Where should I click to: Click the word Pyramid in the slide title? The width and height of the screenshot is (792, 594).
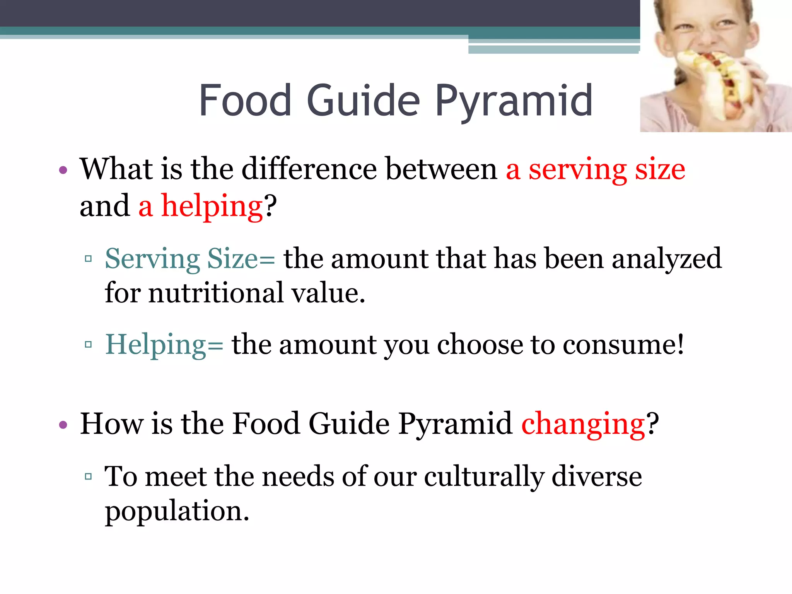514,101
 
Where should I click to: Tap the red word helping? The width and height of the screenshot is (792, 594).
212,206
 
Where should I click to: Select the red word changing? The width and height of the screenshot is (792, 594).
583,424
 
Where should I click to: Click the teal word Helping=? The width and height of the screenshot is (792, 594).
164,344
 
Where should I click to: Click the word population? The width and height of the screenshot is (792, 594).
177,511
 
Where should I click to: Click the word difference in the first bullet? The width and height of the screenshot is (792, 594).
309,169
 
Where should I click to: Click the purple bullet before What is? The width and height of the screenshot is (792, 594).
63,170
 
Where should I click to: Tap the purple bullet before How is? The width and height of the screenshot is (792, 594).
63,425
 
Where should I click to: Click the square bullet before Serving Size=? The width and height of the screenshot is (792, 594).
88,258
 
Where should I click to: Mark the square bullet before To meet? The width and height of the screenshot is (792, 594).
88,476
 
